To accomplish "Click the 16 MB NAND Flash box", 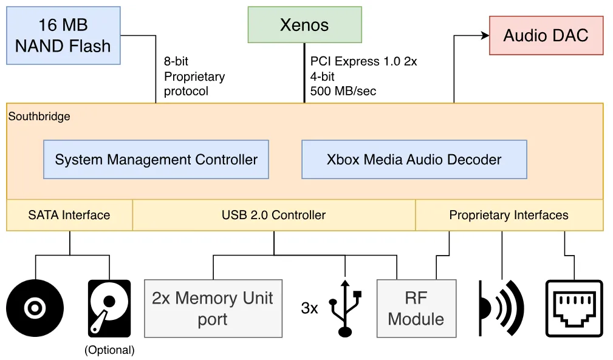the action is (63, 36).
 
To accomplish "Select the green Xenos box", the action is (304, 25).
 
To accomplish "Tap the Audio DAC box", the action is (546, 36).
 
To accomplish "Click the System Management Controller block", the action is (156, 159).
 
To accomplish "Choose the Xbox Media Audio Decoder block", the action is (414, 159).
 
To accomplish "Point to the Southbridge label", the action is (39, 117).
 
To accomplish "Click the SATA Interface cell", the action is (70, 215).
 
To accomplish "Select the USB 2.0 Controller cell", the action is (273, 215).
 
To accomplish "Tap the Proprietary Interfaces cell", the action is (509, 215).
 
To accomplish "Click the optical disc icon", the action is (35, 308).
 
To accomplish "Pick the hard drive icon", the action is (109, 308).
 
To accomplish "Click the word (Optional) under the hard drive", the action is (109, 350).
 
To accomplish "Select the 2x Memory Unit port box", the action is (213, 308).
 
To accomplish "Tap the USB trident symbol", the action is (345, 308).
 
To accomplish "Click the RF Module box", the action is (416, 308).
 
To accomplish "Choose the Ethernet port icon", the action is (574, 308).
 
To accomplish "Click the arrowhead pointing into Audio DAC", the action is (485, 36).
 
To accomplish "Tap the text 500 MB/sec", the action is (343, 92).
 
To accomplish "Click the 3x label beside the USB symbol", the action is (310, 308).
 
